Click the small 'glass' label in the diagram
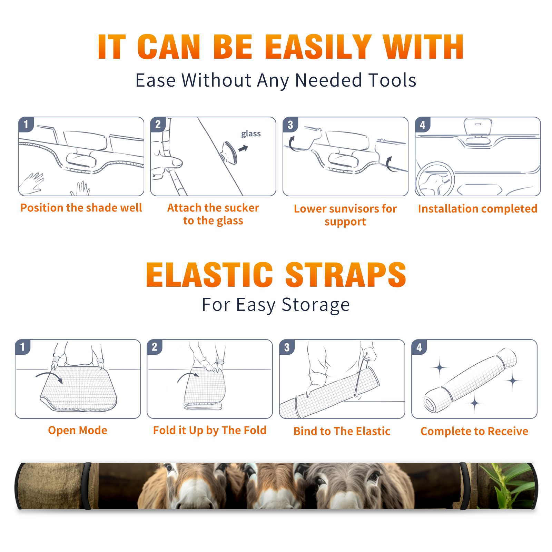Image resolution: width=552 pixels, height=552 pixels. click(251, 134)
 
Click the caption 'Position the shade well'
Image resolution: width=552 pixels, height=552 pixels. click(81, 208)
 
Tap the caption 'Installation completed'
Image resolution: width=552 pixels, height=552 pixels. click(477, 209)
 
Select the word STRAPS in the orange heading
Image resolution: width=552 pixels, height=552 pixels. click(346, 275)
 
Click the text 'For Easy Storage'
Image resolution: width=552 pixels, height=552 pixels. click(276, 305)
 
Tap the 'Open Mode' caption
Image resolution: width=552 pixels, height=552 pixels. click(78, 430)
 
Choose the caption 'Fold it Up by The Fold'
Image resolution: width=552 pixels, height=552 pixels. click(210, 431)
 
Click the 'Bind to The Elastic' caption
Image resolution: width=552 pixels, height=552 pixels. click(342, 431)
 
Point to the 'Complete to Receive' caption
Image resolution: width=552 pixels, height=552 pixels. click(474, 431)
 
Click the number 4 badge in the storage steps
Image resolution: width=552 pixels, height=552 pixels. click(419, 347)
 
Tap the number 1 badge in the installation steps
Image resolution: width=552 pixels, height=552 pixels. click(26, 124)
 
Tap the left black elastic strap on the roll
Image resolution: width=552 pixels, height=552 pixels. click(88, 486)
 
